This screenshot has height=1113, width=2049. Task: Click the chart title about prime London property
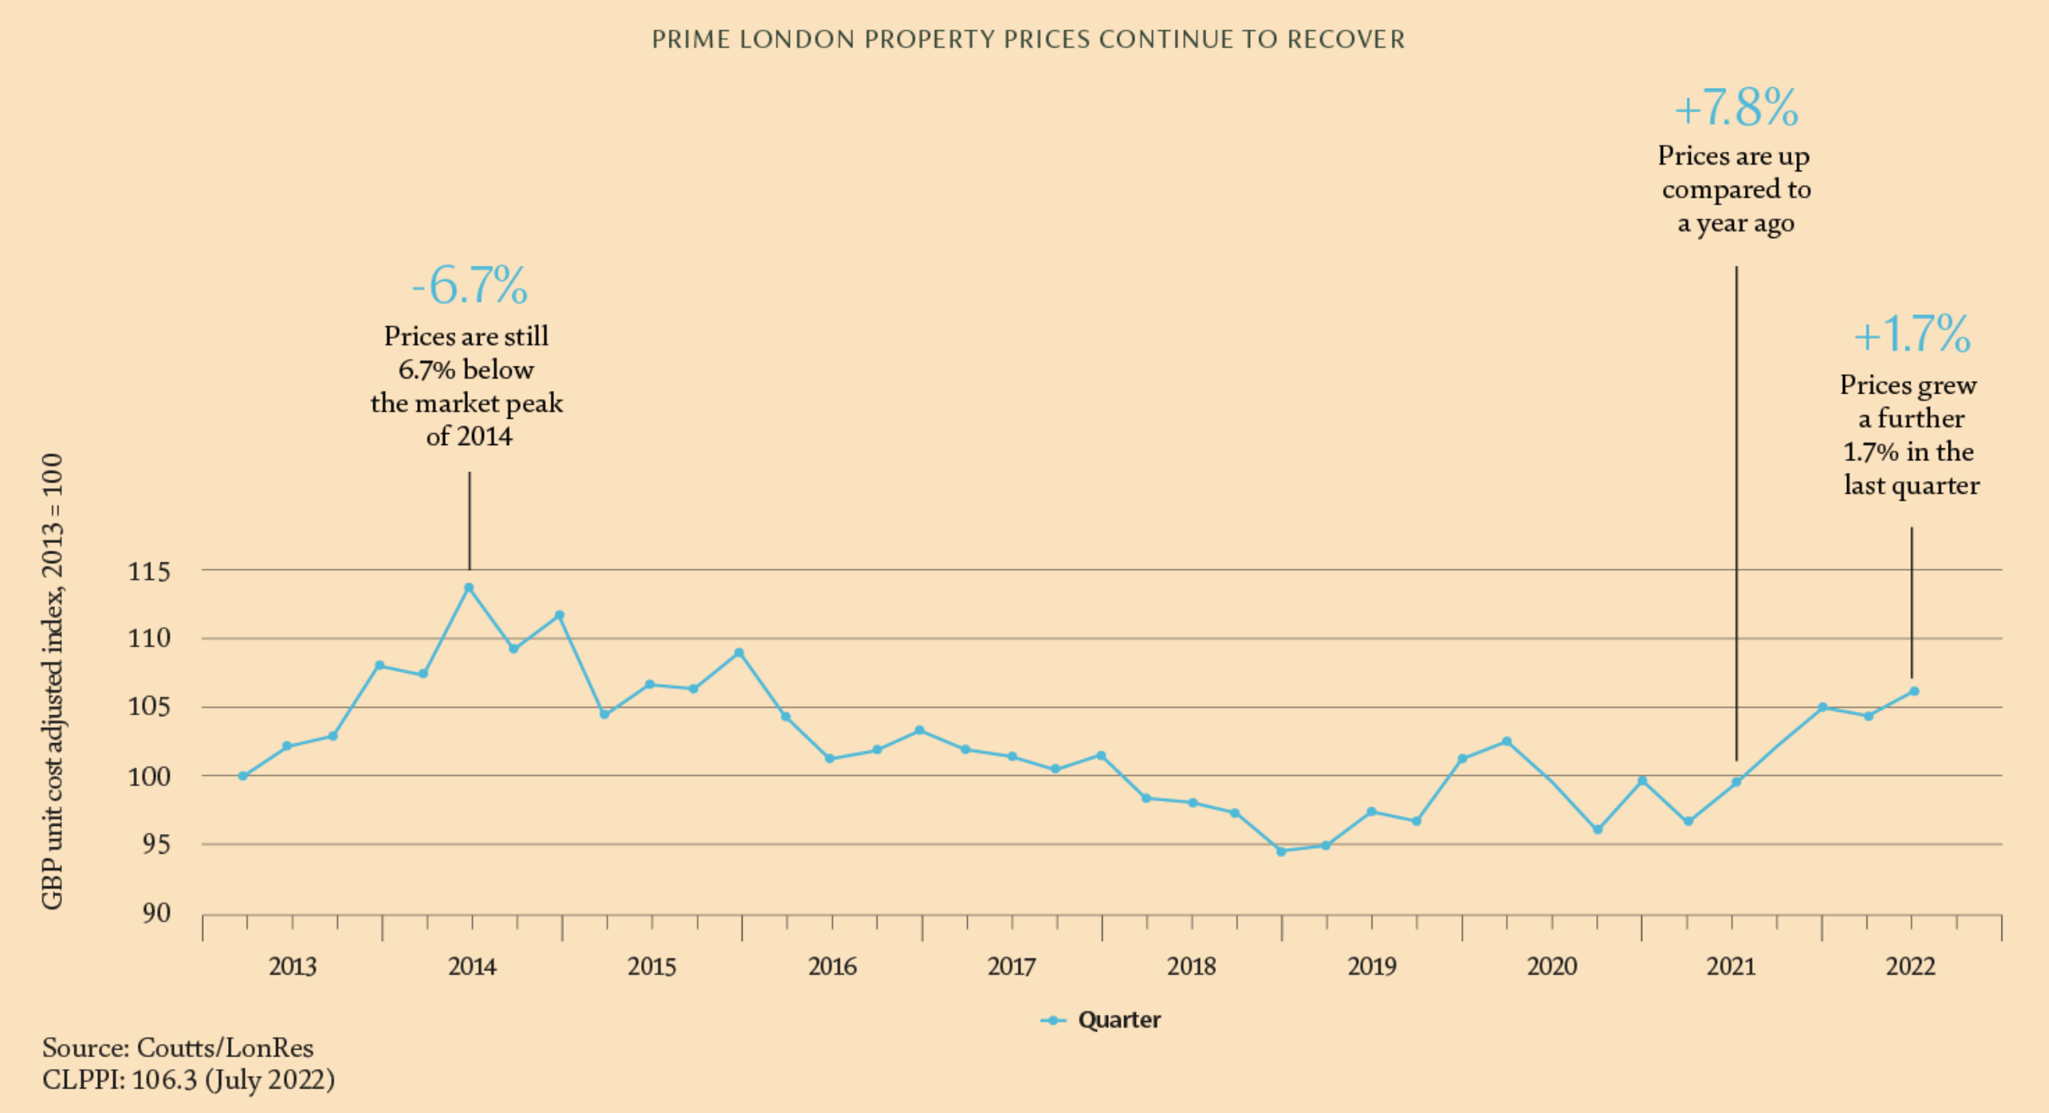coord(1028,40)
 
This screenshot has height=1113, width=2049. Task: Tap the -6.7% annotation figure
coord(470,285)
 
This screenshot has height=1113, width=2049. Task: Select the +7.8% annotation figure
coord(1736,109)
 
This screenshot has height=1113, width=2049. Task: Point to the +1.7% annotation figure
coord(1911,334)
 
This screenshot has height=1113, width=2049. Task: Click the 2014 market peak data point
coord(470,588)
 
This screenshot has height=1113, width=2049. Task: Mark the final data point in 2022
coord(1914,692)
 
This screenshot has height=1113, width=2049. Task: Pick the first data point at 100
coord(243,776)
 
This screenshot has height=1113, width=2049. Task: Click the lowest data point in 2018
coord(1281,851)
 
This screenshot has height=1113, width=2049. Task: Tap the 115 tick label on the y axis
coord(149,572)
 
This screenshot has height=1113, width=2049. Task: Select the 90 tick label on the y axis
coord(156,913)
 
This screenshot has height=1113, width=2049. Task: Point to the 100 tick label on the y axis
coord(149,776)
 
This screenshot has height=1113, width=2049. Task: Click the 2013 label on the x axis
coord(292,966)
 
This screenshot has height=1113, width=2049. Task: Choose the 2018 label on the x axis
coord(1191,966)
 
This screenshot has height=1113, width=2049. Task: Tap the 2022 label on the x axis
coord(1910,966)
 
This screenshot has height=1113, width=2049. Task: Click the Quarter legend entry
coord(1101,1020)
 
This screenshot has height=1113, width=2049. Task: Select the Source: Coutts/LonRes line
coord(178,1048)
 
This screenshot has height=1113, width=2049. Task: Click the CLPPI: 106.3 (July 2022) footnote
coord(188,1080)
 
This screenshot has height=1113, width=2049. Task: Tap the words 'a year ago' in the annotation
coord(1736,224)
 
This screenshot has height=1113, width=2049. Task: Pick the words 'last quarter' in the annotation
coord(1911,486)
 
